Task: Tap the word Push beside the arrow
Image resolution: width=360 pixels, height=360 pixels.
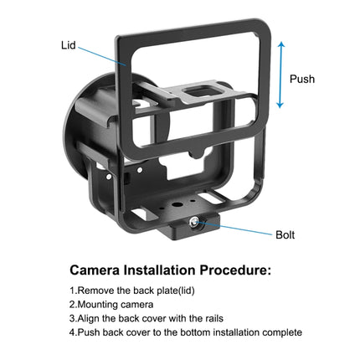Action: click(302, 80)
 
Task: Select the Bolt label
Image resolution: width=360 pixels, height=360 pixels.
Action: click(286, 235)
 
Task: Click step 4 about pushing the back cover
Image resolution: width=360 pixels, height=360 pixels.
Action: click(185, 332)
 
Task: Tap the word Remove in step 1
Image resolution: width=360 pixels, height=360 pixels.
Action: click(95, 291)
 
